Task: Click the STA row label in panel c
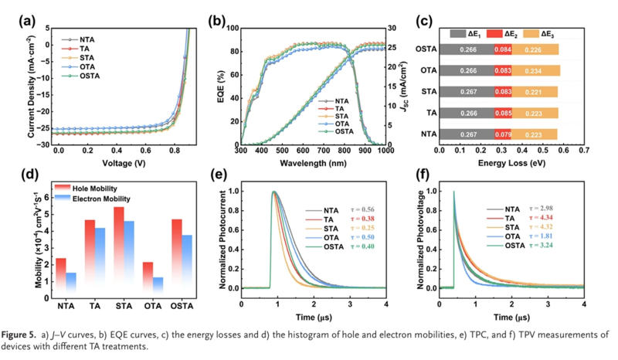click(x=426, y=92)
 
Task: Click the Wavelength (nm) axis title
click(x=314, y=164)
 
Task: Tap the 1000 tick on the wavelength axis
click(x=385, y=152)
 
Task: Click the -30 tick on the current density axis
click(x=47, y=144)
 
